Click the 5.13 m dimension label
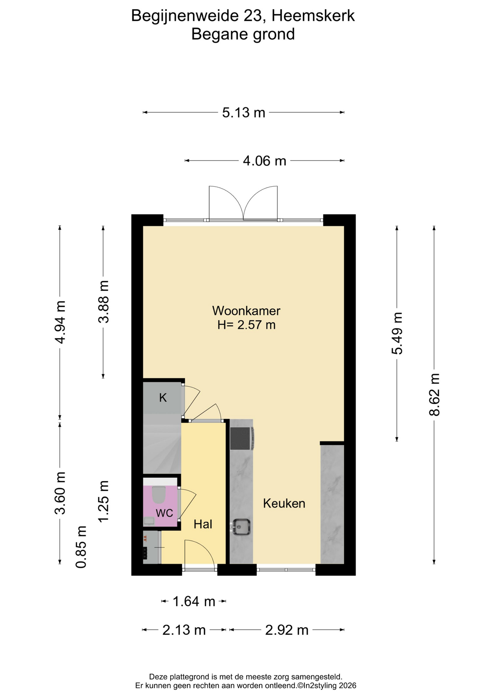[244, 112]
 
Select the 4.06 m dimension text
[264, 161]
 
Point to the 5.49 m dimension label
[397, 333]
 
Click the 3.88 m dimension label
[104, 302]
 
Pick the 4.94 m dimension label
[60, 322]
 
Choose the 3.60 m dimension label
[60, 493]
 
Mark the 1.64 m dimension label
[194, 601]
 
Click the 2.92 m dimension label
[287, 630]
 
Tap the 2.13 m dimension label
[184, 630]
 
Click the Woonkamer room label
[246, 311]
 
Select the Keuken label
[284, 503]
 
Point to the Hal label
[203, 524]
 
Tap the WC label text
[164, 513]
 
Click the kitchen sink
[241, 526]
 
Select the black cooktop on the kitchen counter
[240, 438]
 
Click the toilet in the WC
[159, 494]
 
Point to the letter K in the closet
[163, 398]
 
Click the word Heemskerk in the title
[313, 16]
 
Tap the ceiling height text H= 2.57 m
[246, 325]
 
